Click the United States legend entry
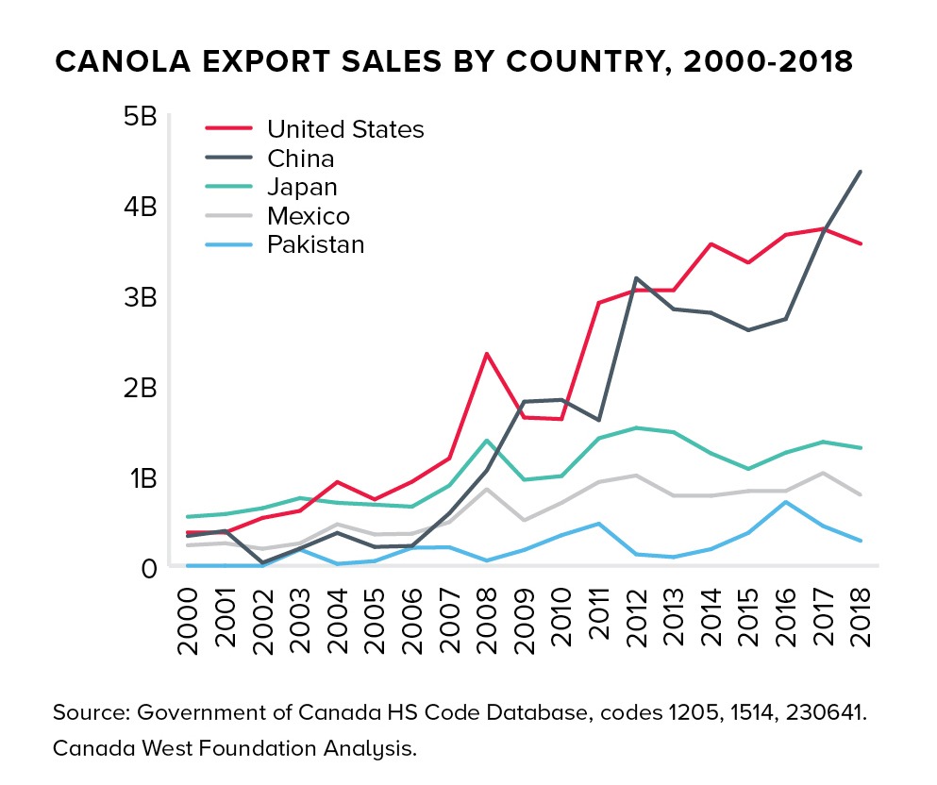point(345,129)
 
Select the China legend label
point(300,159)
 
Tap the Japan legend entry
point(302,187)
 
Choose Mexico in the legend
point(308,216)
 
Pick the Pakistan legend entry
point(315,245)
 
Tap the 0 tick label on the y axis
point(148,568)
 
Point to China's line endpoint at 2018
point(860,172)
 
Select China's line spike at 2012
point(637,278)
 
